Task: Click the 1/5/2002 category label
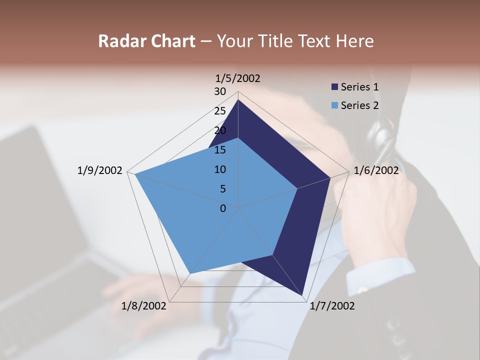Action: pyautogui.click(x=237, y=78)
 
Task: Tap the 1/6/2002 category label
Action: pyautogui.click(x=376, y=170)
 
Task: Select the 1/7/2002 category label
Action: pyautogui.click(x=332, y=306)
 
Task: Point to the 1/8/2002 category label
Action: pyautogui.click(x=144, y=306)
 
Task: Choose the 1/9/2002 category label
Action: pyautogui.click(x=99, y=170)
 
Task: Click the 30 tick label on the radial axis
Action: pyautogui.click(x=220, y=91)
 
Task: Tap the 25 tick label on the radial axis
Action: pyautogui.click(x=220, y=111)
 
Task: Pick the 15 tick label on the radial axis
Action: pyautogui.click(x=220, y=150)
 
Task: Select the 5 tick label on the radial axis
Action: pyautogui.click(x=222, y=189)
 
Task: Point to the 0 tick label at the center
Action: pyautogui.click(x=223, y=208)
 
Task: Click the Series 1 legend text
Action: pyautogui.click(x=359, y=87)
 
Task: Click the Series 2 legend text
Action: pyautogui.click(x=359, y=105)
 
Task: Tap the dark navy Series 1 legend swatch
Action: pyautogui.click(x=334, y=87)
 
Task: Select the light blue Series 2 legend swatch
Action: pyautogui.click(x=334, y=105)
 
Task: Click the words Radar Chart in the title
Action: pyautogui.click(x=146, y=41)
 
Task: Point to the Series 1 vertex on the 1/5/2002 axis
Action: pyautogui.click(x=238, y=100)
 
